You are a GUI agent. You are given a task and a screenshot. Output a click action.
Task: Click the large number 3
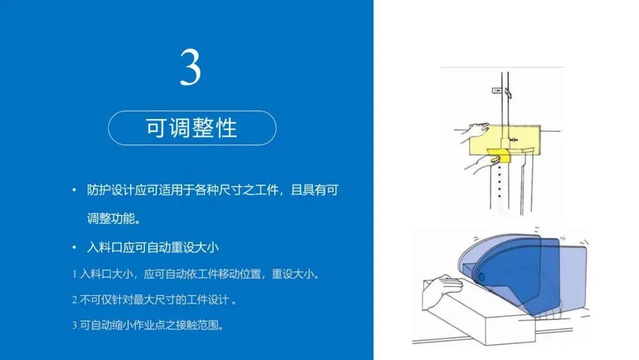[x=191, y=67]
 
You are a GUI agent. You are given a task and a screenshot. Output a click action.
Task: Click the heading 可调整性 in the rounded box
[x=192, y=128]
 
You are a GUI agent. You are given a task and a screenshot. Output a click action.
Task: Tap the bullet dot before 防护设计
[x=74, y=190]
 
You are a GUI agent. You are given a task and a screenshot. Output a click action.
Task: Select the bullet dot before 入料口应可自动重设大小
[x=74, y=247]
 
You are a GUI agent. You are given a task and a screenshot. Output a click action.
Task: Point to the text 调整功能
[x=111, y=218]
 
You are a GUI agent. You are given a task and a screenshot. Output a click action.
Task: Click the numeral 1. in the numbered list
[x=75, y=274]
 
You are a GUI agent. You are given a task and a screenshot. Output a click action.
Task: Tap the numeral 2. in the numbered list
[x=75, y=300]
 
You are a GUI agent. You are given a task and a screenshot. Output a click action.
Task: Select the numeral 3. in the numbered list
[x=75, y=325]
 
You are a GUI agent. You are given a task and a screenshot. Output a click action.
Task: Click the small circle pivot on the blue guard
[x=481, y=277]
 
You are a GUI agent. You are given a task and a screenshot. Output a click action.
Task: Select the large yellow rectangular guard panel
[x=505, y=140]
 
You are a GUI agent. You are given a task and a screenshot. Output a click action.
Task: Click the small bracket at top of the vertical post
[x=497, y=91]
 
